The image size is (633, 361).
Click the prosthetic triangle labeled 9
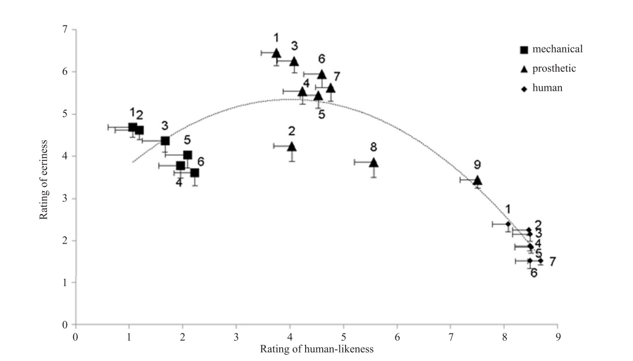pos(477,180)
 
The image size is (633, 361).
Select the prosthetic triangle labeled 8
pos(374,163)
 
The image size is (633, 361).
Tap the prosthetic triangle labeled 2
pos(292,146)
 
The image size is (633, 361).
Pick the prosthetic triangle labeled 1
pos(277,53)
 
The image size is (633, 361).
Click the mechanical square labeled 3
pos(165,141)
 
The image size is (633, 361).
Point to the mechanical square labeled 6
pos(195,172)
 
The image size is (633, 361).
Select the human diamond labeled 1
pos(508,224)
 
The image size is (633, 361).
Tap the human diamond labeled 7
pos(541,261)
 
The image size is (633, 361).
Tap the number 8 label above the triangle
pos(374,147)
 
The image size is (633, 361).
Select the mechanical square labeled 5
pos(187,155)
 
